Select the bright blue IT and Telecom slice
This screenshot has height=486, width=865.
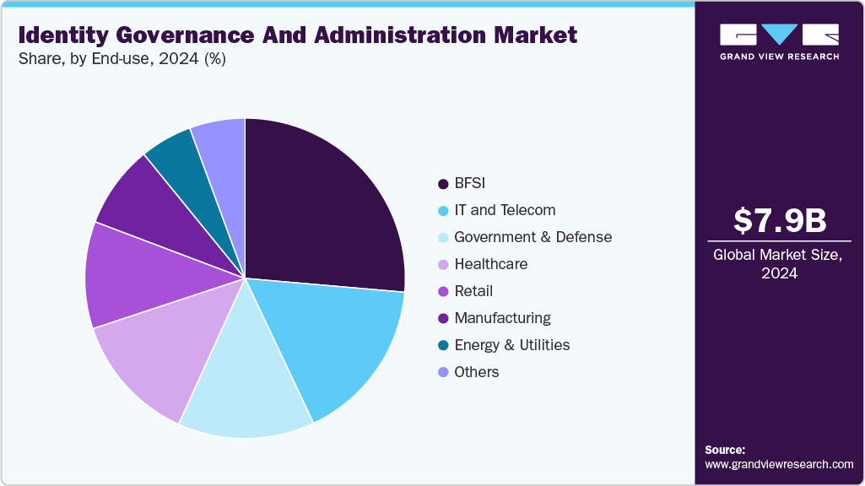[342, 342]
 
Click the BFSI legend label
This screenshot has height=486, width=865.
[470, 183]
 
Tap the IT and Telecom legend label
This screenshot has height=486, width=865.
[505, 210]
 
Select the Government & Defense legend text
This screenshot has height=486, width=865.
[533, 237]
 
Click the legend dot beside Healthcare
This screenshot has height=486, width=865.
[442, 264]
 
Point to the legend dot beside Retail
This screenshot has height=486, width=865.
[442, 291]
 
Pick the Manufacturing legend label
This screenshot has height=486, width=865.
[502, 318]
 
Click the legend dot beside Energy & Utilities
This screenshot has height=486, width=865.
[442, 345]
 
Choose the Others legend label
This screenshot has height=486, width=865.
[477, 372]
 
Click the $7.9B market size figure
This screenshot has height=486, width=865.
[779, 220]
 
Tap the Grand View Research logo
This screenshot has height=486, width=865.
[779, 41]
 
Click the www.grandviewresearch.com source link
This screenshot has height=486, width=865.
[779, 464]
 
